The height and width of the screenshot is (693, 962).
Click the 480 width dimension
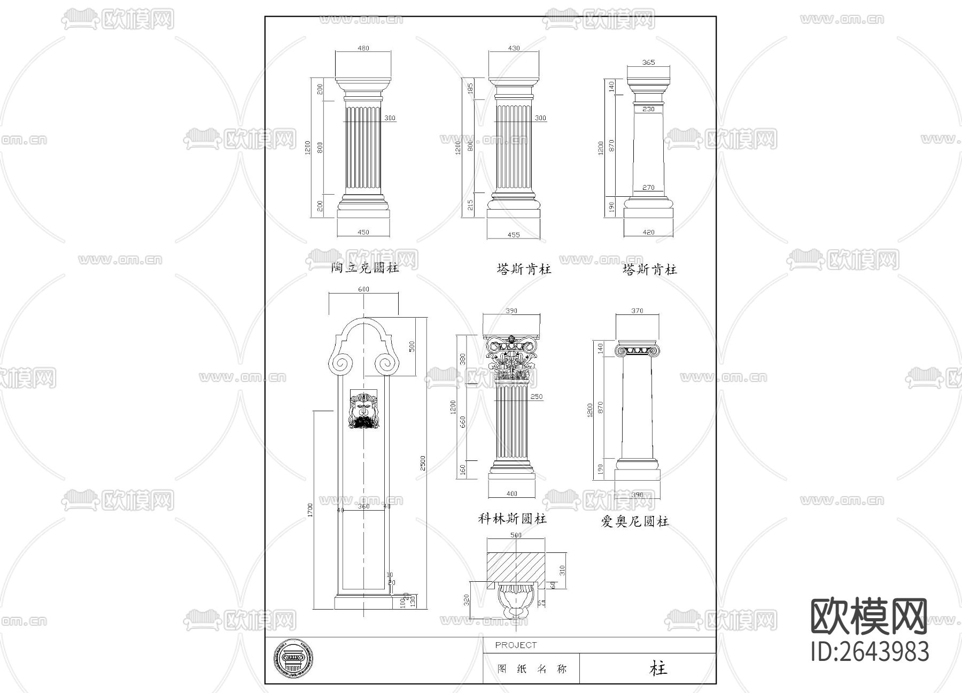click(x=363, y=48)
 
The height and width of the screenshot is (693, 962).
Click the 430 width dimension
click(x=514, y=48)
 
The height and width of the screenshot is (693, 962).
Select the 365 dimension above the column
click(x=648, y=63)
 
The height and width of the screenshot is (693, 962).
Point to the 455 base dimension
click(x=513, y=235)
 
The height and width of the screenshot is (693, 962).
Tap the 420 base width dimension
click(x=648, y=232)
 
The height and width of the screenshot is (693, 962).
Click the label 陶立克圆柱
click(x=365, y=268)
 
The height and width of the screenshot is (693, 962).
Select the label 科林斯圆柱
click(x=512, y=519)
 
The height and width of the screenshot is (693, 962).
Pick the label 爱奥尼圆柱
click(x=635, y=521)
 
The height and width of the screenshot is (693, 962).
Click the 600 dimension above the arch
click(x=363, y=289)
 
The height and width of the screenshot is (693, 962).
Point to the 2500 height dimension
click(x=423, y=463)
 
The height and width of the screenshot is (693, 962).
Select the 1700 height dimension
click(x=311, y=510)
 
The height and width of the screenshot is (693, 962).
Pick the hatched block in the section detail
click(x=515, y=567)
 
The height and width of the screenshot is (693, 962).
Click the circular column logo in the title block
click(x=293, y=661)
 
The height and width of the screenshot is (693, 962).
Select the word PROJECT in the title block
click(x=516, y=645)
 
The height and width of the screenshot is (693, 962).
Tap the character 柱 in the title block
click(x=658, y=668)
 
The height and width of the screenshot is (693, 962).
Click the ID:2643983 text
click(x=870, y=652)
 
